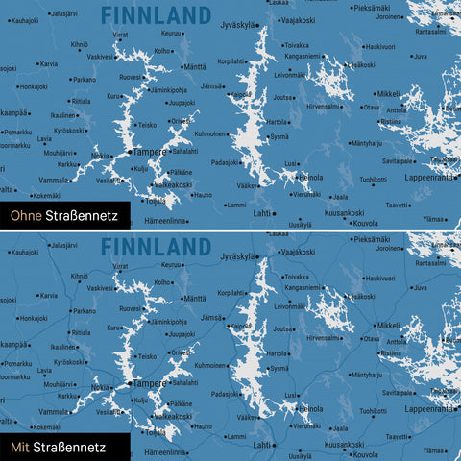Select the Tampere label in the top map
coord(149,152)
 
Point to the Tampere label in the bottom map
coord(149,382)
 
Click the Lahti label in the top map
coord(261,213)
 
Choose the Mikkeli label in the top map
coord(388,94)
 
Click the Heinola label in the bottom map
coord(310,408)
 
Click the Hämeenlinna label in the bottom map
coord(164,450)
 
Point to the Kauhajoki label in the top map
coord(24,19)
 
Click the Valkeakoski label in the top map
coord(173,184)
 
